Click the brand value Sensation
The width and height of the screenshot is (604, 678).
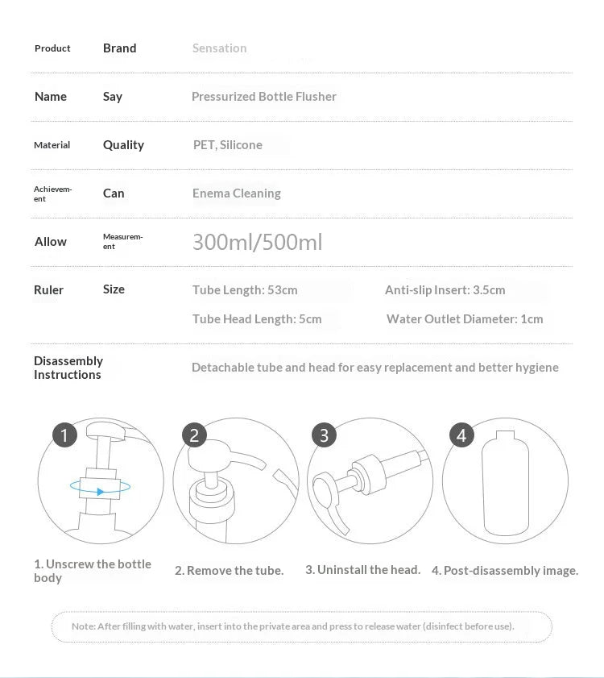tap(219, 48)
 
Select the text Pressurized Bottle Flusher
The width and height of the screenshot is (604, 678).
tap(263, 97)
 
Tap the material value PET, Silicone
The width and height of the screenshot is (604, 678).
tap(227, 145)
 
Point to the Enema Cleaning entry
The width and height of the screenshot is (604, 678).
tap(236, 193)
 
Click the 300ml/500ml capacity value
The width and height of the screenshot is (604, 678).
tap(257, 242)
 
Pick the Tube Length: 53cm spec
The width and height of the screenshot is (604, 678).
tap(245, 290)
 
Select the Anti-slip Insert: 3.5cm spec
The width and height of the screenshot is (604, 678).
tap(445, 290)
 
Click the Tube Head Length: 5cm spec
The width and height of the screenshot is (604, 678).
tap(257, 319)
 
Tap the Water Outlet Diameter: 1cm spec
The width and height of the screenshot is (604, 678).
tap(465, 319)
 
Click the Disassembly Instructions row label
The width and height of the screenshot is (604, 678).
tap(68, 368)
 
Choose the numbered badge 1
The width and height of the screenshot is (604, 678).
tap(64, 436)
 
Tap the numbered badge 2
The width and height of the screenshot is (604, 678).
tap(194, 436)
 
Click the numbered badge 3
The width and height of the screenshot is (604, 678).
tap(324, 436)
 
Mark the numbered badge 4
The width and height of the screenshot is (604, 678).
tap(461, 436)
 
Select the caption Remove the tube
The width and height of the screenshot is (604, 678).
tap(230, 571)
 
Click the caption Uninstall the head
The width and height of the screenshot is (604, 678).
tap(362, 570)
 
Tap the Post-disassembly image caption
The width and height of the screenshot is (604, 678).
tap(505, 571)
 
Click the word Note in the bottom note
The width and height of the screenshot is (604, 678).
tap(83, 626)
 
